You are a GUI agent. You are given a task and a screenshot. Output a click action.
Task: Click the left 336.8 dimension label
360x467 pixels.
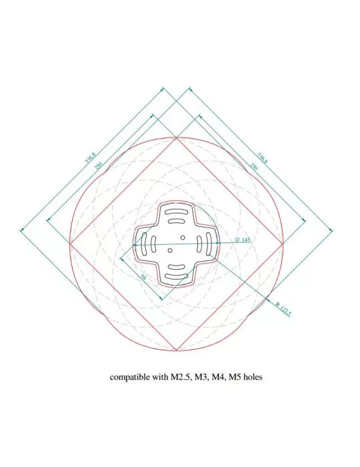point(91,157)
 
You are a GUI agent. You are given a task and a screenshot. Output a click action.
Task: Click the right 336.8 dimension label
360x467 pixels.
point(263,158)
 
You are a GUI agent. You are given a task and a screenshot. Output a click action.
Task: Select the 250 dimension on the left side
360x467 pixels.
point(99,165)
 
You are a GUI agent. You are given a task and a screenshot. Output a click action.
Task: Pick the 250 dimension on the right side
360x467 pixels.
point(253,166)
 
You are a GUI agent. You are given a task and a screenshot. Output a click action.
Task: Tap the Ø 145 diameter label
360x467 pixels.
point(243,240)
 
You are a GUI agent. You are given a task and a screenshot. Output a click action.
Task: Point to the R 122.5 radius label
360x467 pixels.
point(283,309)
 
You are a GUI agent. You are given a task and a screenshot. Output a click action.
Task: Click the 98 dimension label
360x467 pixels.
point(144,278)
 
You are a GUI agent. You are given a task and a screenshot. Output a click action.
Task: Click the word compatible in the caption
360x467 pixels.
point(130,377)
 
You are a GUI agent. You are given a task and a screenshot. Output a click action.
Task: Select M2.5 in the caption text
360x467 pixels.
point(180,377)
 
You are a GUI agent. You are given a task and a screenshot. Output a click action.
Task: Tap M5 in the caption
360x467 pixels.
point(235,377)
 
